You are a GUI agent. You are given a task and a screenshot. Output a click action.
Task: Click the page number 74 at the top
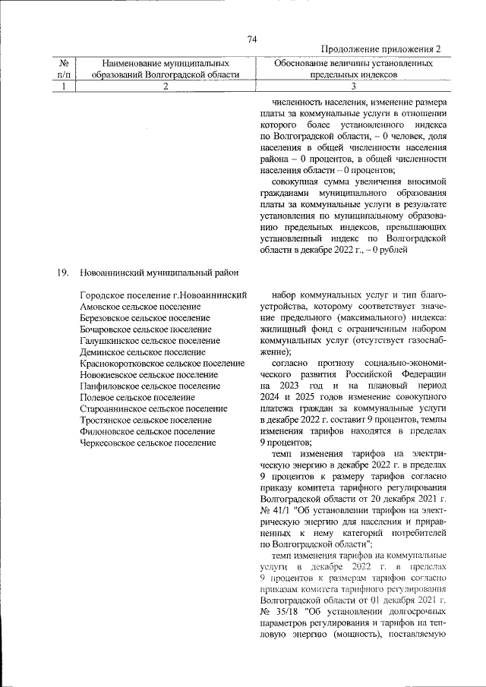pos(253,39)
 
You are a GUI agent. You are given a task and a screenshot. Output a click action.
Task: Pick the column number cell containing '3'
pos(353,87)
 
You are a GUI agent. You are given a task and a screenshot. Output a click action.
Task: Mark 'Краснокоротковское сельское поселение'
pos(162,364)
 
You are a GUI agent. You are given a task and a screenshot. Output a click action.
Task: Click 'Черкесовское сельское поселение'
pos(147,442)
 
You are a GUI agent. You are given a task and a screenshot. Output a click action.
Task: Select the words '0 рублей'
pos(390,249)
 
